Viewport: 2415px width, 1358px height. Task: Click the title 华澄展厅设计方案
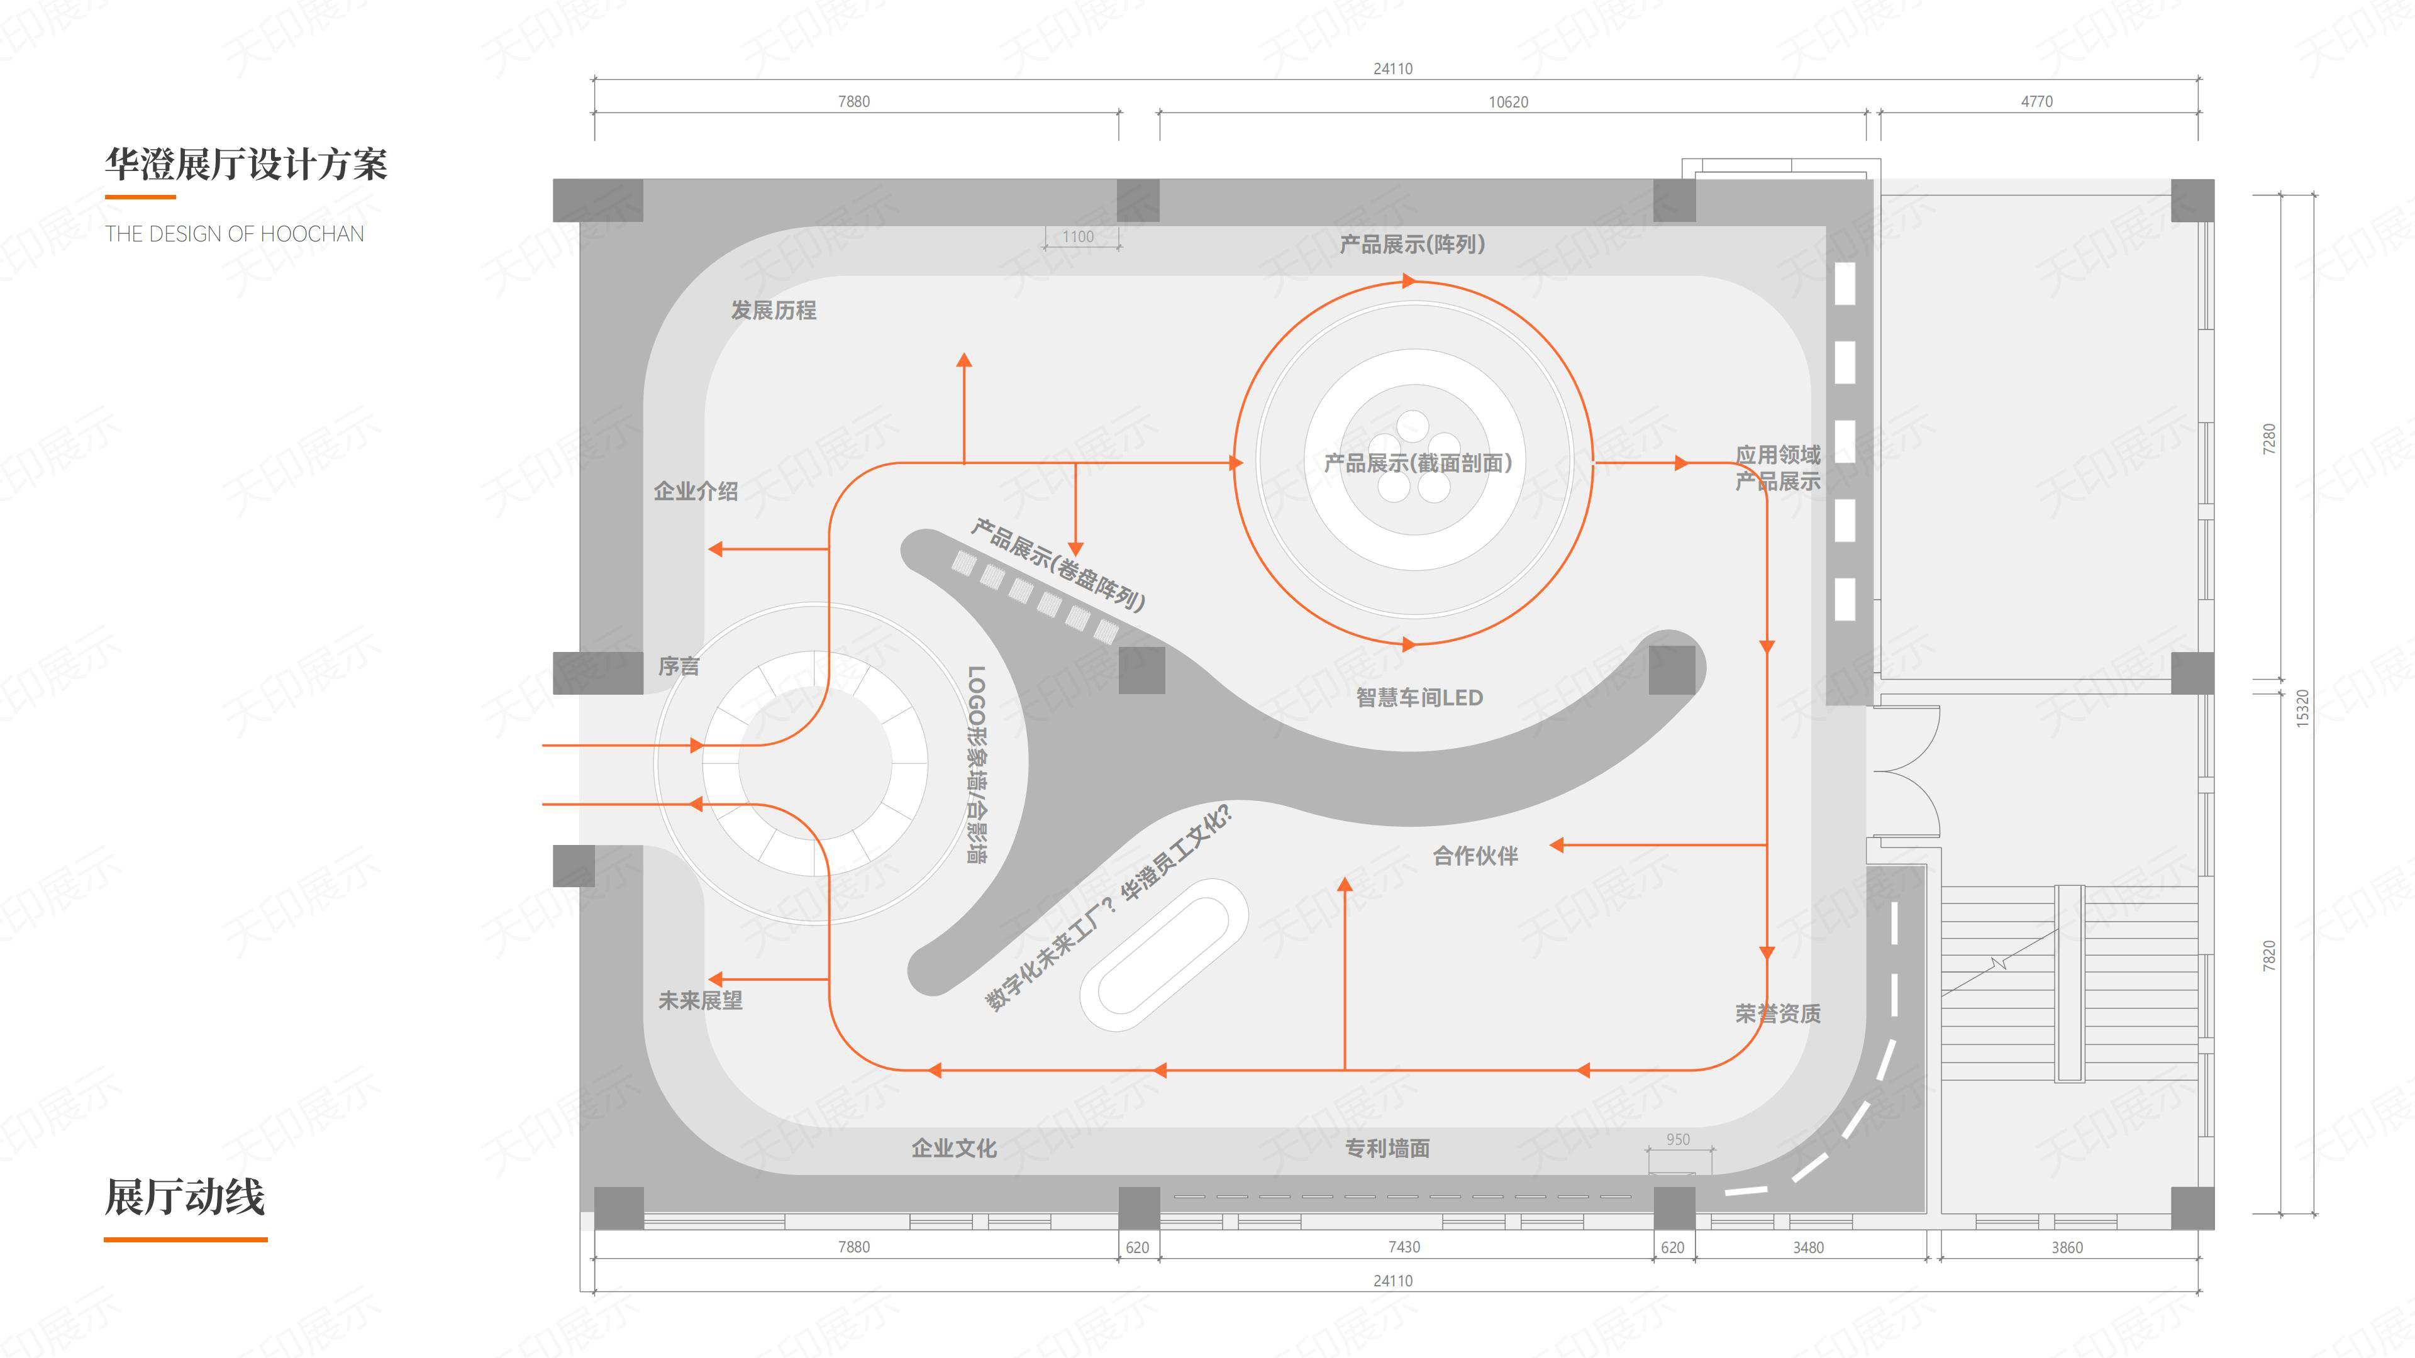coord(246,164)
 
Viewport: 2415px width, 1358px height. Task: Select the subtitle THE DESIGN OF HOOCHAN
coord(235,233)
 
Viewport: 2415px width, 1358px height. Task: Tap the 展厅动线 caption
coord(185,1197)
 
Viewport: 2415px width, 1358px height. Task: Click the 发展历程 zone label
coord(774,310)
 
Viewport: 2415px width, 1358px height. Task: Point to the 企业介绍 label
coord(696,491)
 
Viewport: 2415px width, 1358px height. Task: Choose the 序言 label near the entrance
coord(679,666)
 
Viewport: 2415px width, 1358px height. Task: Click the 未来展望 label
coord(701,1001)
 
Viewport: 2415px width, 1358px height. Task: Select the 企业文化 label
coord(953,1148)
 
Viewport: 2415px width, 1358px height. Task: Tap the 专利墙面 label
coord(1387,1148)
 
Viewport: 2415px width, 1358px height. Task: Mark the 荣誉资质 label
coord(1777,1013)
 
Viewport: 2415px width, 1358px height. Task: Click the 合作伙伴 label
coord(1475,856)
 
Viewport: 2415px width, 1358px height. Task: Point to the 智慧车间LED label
coord(1419,697)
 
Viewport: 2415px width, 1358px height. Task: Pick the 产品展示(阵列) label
coord(1412,245)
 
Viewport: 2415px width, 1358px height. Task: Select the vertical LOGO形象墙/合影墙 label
coord(977,764)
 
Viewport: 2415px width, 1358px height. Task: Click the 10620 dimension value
coord(1509,102)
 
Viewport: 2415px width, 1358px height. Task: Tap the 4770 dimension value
coord(2036,101)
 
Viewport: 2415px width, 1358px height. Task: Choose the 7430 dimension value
coord(1404,1247)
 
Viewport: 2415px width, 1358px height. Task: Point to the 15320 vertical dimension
coord(2302,709)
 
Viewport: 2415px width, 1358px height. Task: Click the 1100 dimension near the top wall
coord(1078,236)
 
